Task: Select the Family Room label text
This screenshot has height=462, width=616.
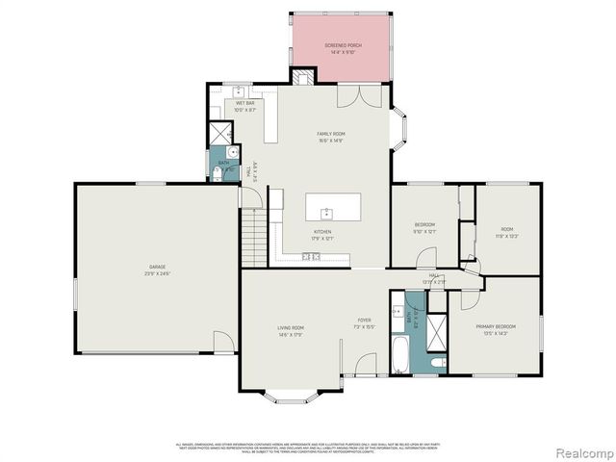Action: (x=332, y=134)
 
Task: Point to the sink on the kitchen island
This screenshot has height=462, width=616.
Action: (x=327, y=211)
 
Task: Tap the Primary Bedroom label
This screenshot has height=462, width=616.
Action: (x=495, y=327)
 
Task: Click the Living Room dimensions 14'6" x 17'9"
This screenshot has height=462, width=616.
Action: (x=291, y=335)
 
